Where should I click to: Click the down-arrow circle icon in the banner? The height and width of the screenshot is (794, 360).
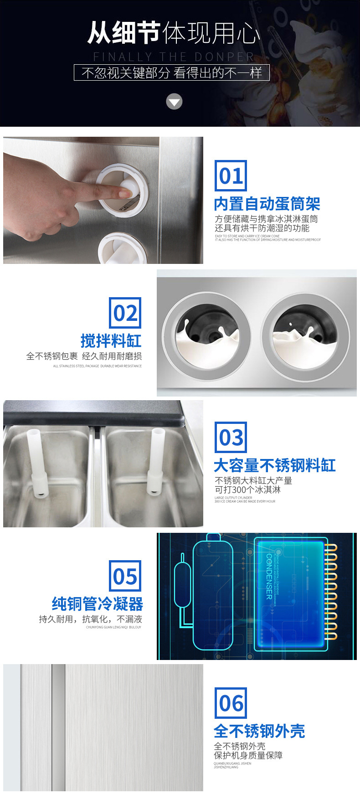pos(174,102)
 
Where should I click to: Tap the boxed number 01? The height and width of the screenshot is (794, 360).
pos(231,176)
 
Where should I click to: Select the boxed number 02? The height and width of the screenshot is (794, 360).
pos(125,313)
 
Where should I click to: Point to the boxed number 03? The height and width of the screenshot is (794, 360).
pos(231,438)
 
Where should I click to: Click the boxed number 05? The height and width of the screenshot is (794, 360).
pos(125,577)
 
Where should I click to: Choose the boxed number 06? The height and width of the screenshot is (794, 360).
pos(231,703)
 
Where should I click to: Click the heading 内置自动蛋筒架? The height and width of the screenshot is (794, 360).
pos(267,204)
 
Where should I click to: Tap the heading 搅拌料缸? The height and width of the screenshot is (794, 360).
pos(111,340)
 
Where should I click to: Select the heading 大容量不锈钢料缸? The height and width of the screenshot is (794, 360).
pos(275,465)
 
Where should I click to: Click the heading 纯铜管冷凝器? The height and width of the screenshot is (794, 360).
pos(97,604)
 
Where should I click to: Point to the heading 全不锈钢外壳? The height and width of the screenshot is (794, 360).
pos(259,731)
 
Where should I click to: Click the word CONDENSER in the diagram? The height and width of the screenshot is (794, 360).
pos(269,576)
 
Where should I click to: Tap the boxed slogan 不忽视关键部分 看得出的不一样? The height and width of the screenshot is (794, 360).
pos(172,72)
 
